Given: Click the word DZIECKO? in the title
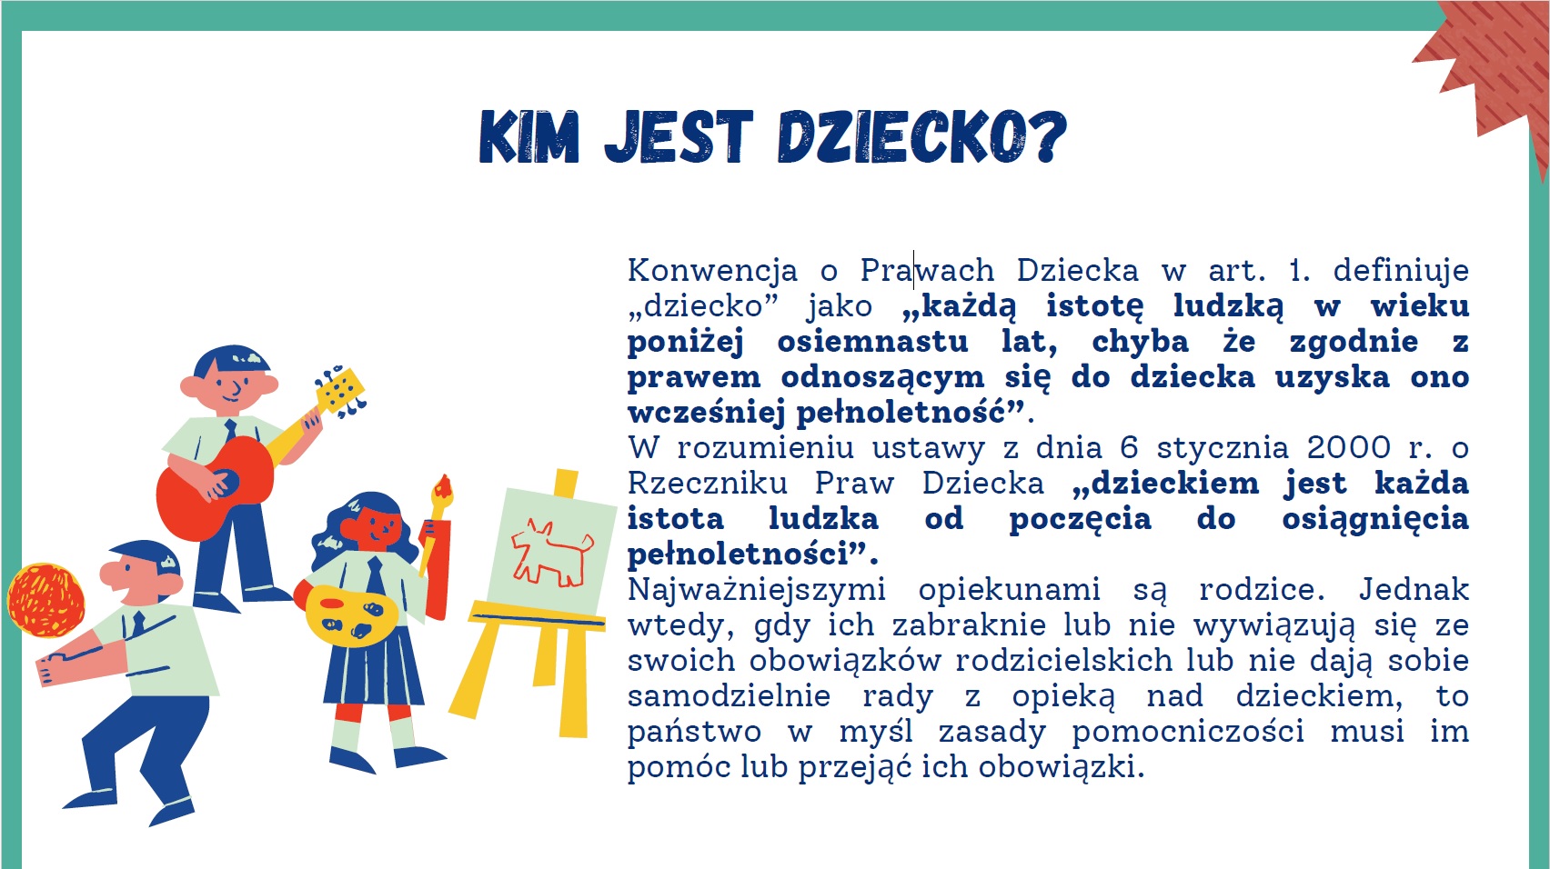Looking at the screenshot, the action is (922, 136).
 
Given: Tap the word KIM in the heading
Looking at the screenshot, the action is (529, 136).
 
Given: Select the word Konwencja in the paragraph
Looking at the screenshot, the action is (713, 270).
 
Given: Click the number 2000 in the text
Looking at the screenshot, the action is (1349, 448).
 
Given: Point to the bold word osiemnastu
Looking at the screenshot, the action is (872, 342).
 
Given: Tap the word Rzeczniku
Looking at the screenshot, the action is (708, 484).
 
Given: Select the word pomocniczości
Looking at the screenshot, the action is (1188, 732).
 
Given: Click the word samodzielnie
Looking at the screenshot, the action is (729, 695).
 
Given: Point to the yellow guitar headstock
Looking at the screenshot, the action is (339, 390).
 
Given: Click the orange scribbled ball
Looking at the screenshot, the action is (46, 600).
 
